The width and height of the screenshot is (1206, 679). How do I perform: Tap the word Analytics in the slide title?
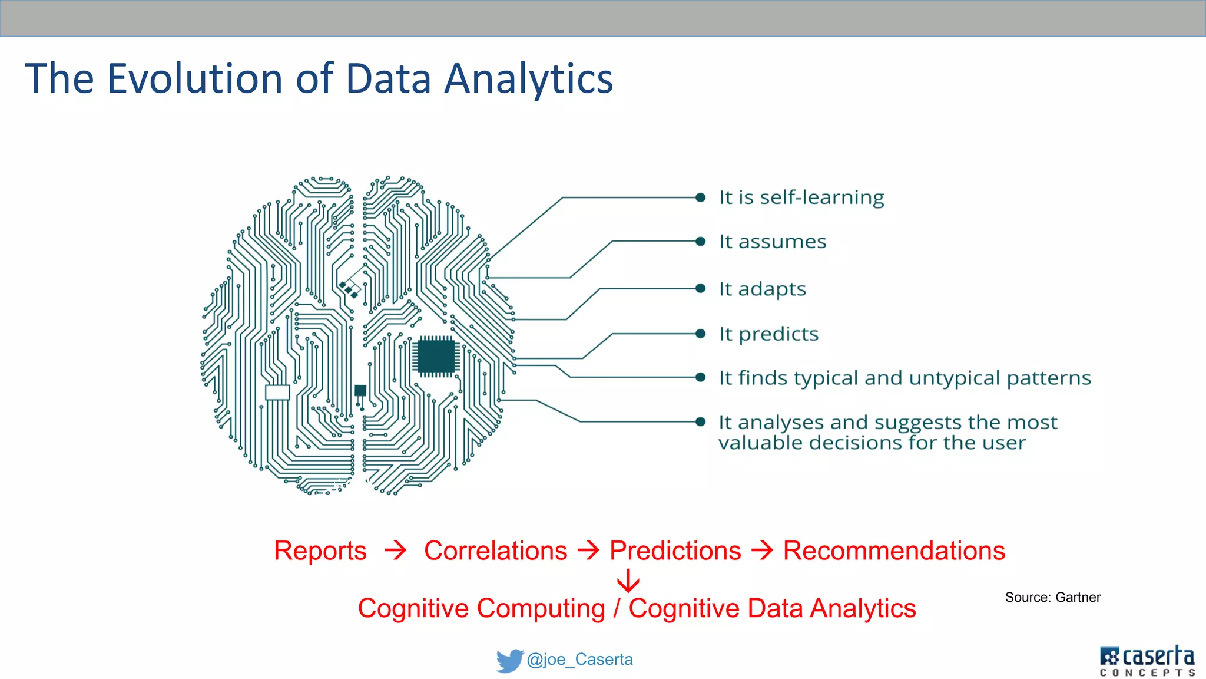[528, 79]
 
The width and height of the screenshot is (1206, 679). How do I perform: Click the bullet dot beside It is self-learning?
[700, 197]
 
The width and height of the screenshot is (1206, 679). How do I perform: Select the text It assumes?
[772, 242]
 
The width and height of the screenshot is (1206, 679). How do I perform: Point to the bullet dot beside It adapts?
[700, 288]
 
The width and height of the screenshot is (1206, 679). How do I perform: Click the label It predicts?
[768, 334]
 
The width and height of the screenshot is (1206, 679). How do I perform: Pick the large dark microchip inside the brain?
[436, 356]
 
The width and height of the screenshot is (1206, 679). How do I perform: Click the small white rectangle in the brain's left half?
[277, 393]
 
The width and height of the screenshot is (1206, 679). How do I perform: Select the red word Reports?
[320, 551]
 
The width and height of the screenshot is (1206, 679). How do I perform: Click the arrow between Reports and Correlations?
[395, 551]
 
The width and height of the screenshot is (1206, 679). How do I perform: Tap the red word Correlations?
[495, 551]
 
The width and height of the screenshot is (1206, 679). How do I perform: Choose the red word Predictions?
[675, 551]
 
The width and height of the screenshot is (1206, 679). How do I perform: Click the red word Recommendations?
[893, 551]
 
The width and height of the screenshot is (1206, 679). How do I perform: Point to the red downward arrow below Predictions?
[628, 581]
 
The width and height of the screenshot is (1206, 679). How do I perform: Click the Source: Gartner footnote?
[1052, 597]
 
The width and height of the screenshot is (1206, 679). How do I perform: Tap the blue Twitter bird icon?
[509, 660]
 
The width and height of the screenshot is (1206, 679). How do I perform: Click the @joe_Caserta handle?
[579, 660]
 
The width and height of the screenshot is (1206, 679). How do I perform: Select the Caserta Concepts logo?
[1147, 661]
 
